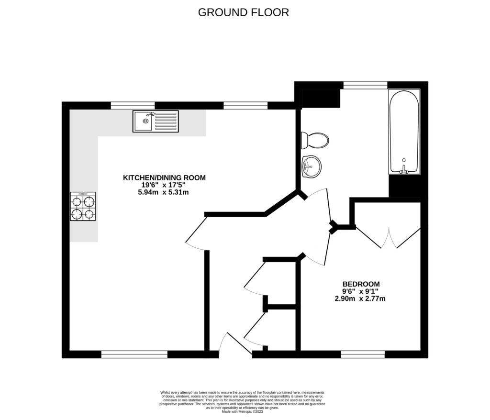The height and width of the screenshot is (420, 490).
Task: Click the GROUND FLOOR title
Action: (x=244, y=12)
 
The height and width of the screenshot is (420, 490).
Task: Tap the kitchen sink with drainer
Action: (x=156, y=121)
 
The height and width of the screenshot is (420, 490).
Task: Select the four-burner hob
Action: (x=83, y=207)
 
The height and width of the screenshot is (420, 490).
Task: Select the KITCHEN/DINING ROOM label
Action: (x=164, y=177)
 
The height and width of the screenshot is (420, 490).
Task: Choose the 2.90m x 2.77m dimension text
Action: (x=360, y=298)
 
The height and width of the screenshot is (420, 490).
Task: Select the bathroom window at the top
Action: (x=365, y=85)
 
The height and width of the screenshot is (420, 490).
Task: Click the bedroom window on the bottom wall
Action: (x=363, y=354)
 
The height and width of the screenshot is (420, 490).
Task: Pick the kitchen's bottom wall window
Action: (x=134, y=354)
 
